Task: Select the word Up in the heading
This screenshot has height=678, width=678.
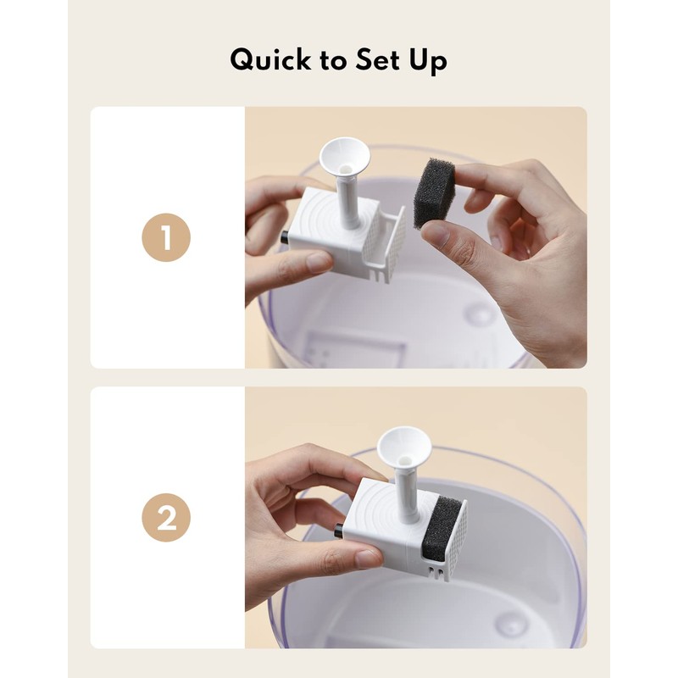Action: (427, 62)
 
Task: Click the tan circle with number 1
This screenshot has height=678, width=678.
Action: (166, 237)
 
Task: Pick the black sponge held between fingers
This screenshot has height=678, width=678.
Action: (433, 193)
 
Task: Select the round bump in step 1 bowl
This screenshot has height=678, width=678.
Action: (481, 315)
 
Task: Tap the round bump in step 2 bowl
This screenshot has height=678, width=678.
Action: (512, 625)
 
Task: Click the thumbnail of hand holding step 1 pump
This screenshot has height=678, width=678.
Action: (319, 263)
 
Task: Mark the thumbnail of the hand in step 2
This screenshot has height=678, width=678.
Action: (368, 559)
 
